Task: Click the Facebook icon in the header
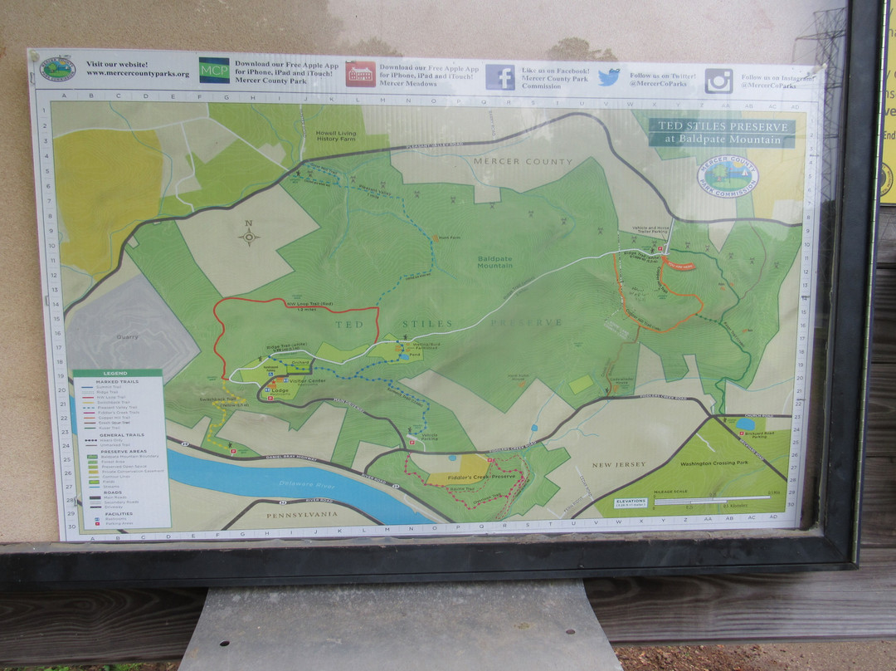click(499, 77)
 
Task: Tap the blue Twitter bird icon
click(609, 77)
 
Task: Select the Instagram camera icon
click(718, 81)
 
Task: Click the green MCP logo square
click(214, 70)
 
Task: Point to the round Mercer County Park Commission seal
click(728, 175)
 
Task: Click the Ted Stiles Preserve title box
click(721, 133)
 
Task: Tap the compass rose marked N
click(249, 236)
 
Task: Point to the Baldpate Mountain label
click(494, 262)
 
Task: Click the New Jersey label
click(619, 465)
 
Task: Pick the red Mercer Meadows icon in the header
click(360, 74)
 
